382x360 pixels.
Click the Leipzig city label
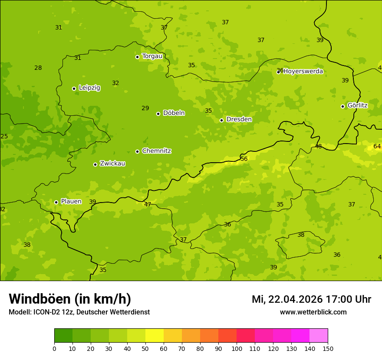pos(89,88)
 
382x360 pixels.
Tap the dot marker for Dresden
pos(221,120)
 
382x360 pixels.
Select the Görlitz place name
pos(357,105)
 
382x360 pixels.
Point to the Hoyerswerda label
pos(303,71)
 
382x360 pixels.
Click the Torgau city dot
pos(137,57)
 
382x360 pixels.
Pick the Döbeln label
pos(174,113)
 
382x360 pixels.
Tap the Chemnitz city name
pos(156,151)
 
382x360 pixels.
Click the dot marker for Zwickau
pos(95,164)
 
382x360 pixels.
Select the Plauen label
pos(71,201)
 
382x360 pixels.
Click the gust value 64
pos(377,146)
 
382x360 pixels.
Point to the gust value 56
pos(244,159)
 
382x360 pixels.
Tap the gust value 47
pos(148,204)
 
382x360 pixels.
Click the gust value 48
pos(318,147)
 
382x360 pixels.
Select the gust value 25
pos(4,137)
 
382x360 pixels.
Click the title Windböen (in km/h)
pos(70,299)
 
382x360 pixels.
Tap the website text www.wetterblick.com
pos(313,312)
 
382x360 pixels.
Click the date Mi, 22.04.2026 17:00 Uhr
pos(311,299)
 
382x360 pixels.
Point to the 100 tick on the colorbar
pos(237,348)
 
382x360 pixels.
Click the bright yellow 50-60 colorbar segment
pos(155,336)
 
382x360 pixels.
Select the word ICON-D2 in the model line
pos(46,312)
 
